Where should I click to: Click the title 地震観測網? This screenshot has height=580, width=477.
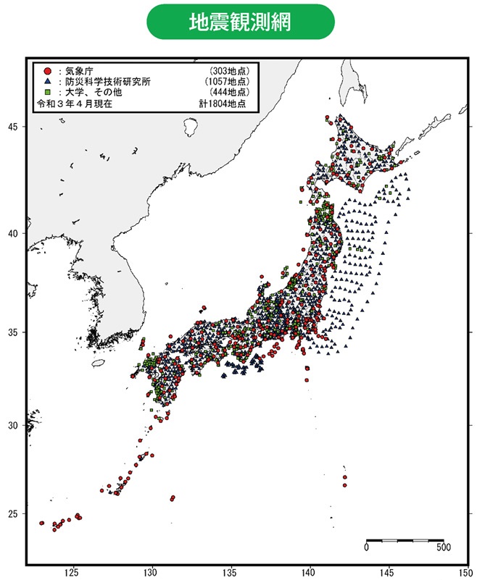click(240, 22)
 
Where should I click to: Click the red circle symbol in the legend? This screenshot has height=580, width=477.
click(46, 71)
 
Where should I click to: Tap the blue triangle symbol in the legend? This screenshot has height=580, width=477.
click(46, 82)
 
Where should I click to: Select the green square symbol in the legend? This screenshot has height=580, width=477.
click(46, 93)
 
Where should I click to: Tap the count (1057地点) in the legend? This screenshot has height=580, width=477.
click(225, 82)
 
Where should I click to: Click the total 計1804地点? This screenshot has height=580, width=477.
click(223, 104)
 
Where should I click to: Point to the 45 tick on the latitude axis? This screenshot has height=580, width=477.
click(14, 127)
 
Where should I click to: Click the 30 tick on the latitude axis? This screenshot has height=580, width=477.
click(14, 425)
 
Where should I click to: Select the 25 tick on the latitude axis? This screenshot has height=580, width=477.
click(14, 514)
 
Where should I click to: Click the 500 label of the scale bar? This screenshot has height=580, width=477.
click(443, 547)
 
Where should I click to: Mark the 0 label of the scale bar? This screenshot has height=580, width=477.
click(366, 547)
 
